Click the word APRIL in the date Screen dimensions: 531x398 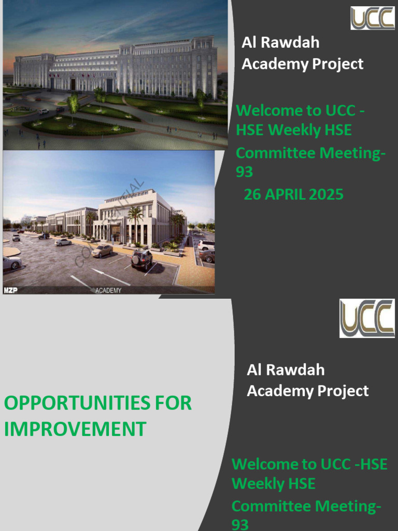[287, 194]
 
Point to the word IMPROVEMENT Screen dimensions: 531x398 [75, 429]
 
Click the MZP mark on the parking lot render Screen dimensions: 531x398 [10, 290]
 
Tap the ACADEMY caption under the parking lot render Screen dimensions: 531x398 [108, 290]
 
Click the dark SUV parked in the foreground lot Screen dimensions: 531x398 [141, 259]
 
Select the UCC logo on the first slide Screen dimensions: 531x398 [372, 18]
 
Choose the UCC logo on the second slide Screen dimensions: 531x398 [367, 318]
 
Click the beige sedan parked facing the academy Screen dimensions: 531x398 [102, 250]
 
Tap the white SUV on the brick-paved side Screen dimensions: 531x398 [206, 244]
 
